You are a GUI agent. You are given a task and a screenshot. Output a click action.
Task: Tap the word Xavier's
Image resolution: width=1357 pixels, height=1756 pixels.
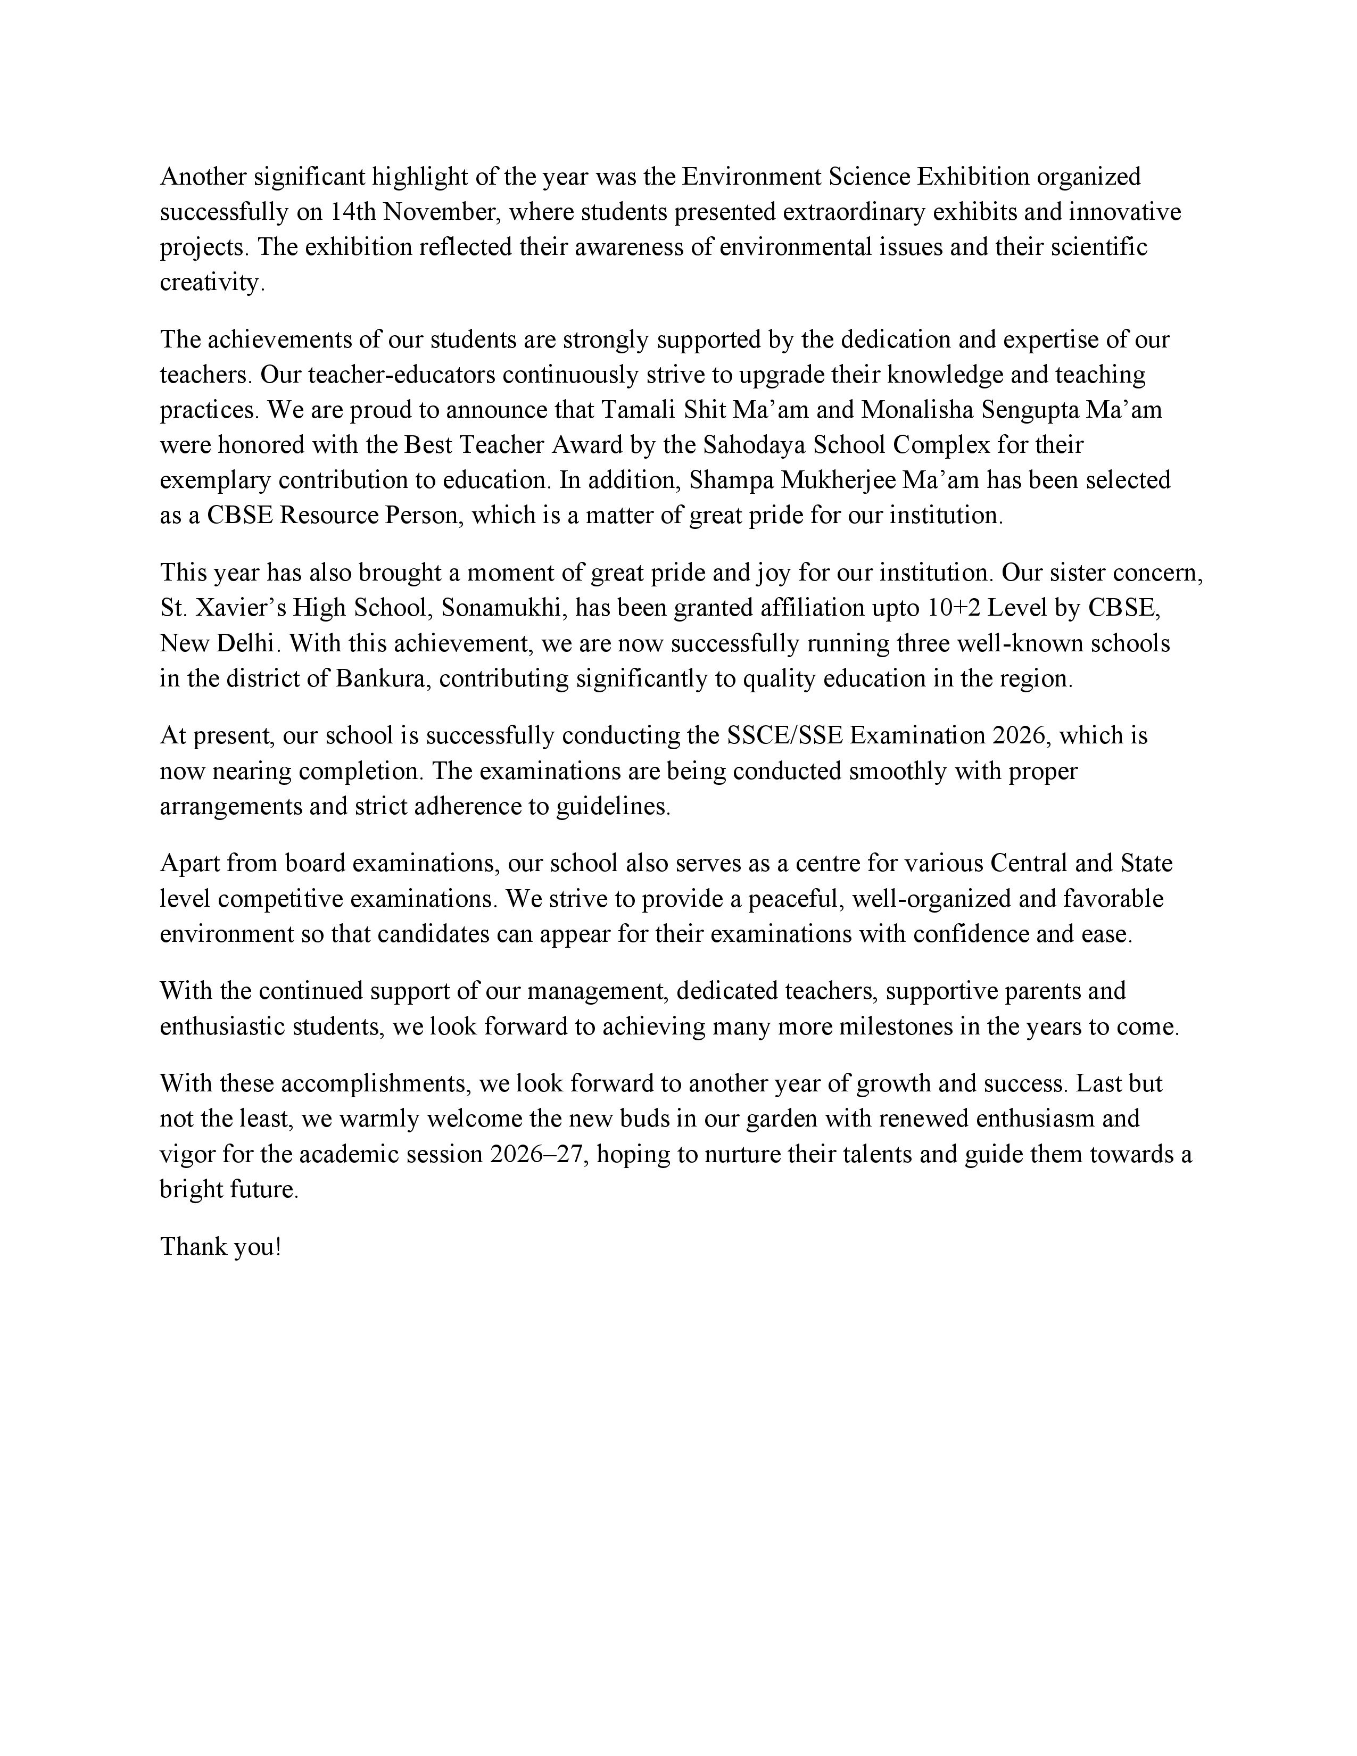click(x=239, y=608)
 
